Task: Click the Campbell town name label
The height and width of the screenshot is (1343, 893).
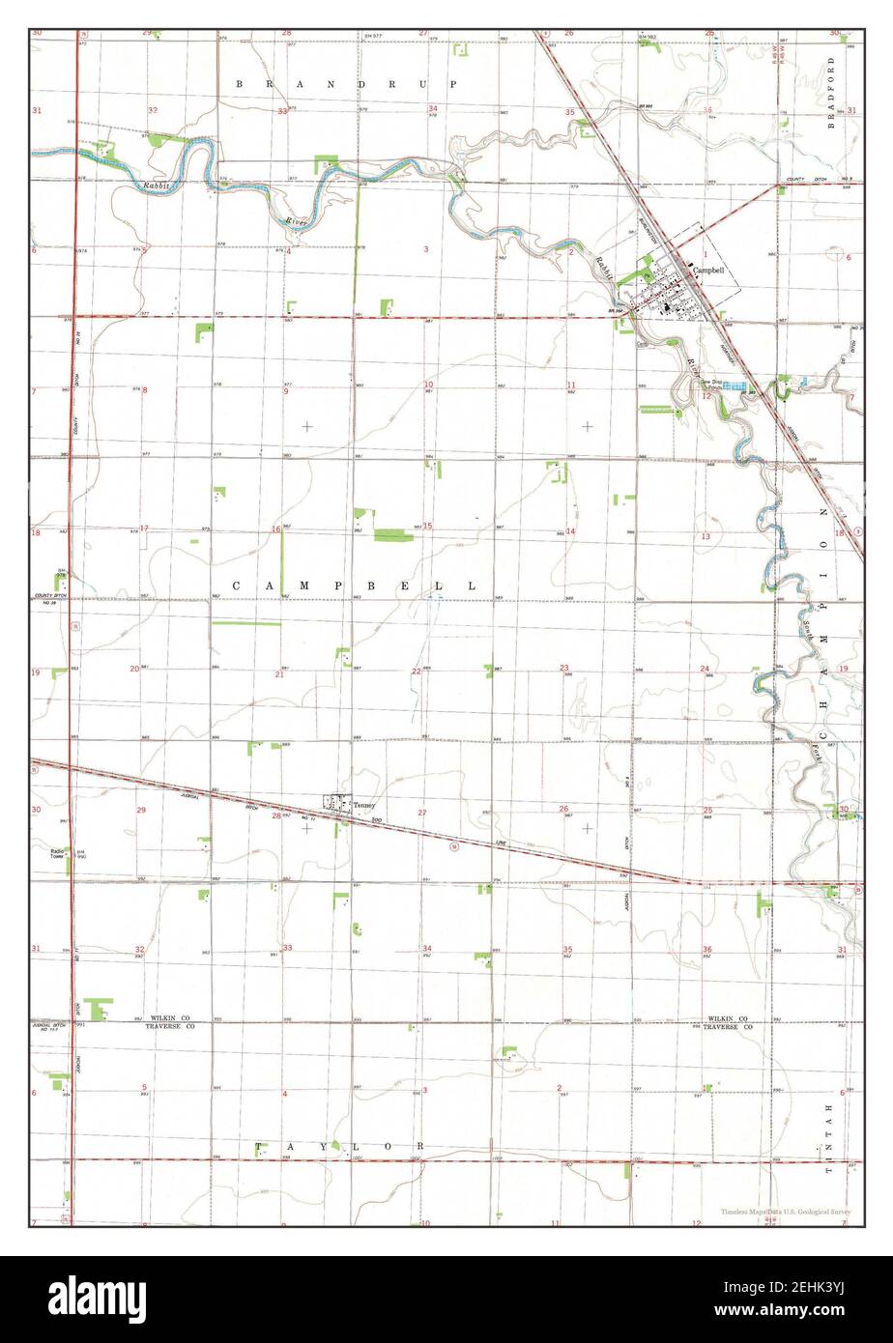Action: [x=708, y=271]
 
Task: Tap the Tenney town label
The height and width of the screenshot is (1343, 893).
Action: [x=362, y=805]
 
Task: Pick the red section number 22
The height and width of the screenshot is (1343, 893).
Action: [x=417, y=671]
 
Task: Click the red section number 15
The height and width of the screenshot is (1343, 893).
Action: [x=427, y=527]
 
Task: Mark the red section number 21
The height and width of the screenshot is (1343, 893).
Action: [x=279, y=673]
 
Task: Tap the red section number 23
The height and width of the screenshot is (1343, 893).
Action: [x=564, y=668]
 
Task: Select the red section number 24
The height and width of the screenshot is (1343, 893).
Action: [x=706, y=670]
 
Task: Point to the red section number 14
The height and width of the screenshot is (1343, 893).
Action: [x=570, y=531]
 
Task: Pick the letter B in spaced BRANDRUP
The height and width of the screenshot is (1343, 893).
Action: [x=240, y=85]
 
